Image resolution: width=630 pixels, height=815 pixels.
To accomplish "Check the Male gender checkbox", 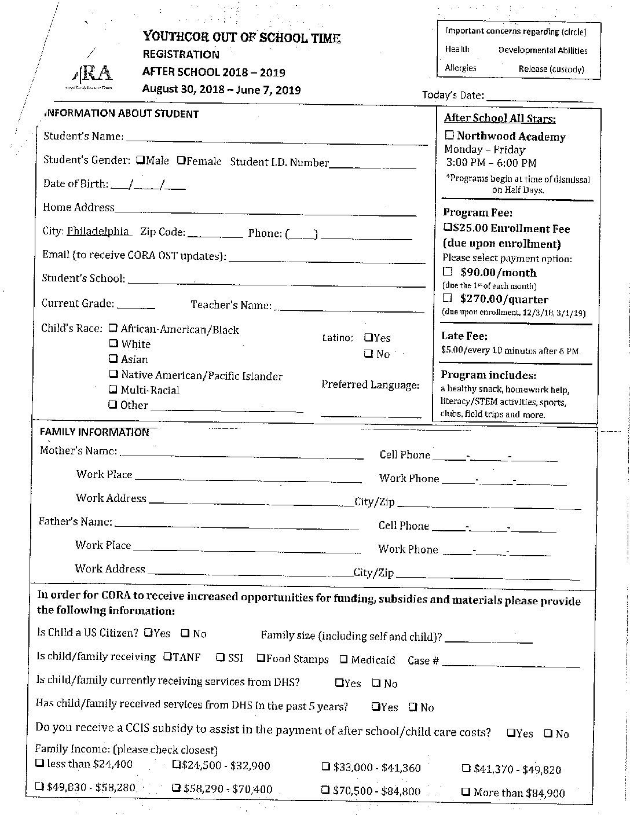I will (140, 160).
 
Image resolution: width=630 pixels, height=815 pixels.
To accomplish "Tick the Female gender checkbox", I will (181, 160).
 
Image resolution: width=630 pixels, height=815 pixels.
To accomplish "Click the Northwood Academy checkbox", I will (449, 135).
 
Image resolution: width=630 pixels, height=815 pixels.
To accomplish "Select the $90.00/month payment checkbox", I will (448, 271).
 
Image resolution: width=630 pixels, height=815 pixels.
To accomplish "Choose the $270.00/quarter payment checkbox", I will (448, 298).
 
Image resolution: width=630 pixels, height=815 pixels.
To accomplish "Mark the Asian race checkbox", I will (113, 359).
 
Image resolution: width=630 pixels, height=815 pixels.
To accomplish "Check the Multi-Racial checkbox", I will (113, 390).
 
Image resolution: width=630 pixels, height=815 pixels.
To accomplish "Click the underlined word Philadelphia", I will (98, 231).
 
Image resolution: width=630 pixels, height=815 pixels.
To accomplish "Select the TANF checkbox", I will (167, 656).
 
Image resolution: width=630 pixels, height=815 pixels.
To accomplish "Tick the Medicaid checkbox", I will (343, 659).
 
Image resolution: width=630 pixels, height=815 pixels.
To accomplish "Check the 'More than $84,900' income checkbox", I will (466, 792).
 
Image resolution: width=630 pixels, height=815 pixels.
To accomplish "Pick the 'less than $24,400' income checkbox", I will (39, 763).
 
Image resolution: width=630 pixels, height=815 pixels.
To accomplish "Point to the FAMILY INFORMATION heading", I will (94, 432).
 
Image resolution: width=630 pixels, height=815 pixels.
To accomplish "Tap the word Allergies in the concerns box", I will (460, 68).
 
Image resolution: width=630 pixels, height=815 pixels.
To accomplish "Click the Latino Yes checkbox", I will (368, 337).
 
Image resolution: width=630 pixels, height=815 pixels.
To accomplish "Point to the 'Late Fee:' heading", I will (464, 336).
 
